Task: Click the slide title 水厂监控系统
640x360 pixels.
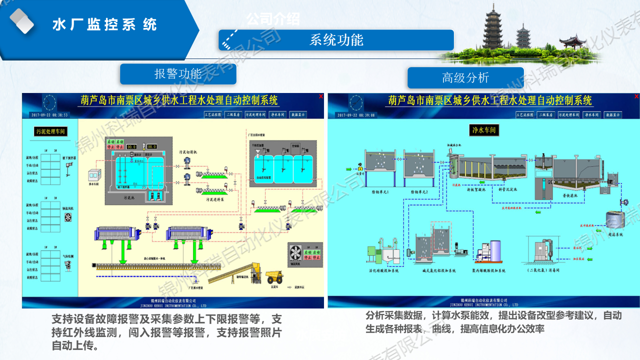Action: tap(104, 24)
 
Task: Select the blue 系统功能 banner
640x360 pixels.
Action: tap(336, 40)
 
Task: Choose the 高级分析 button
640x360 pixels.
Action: tap(465, 77)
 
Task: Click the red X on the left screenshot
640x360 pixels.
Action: tap(320, 96)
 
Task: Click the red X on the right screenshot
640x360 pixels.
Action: tap(636, 96)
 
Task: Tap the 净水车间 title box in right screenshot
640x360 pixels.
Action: tap(482, 130)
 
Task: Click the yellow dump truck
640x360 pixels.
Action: tap(274, 276)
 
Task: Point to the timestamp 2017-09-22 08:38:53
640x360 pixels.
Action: tap(49, 115)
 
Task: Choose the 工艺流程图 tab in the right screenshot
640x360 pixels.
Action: tap(525, 114)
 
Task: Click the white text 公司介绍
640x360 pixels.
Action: tap(273, 19)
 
